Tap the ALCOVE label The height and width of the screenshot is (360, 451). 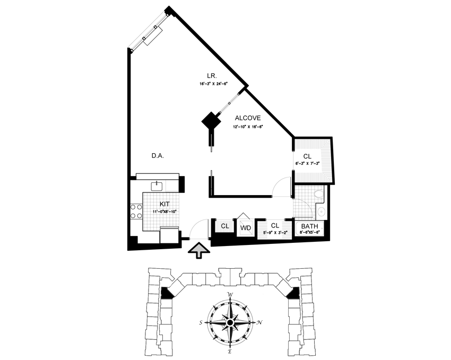pyautogui.click(x=247, y=118)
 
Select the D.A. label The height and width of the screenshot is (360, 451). pyautogui.click(x=157, y=156)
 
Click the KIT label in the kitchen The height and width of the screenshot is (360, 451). pyautogui.click(x=165, y=203)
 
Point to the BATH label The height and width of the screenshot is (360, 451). pyautogui.click(x=310, y=226)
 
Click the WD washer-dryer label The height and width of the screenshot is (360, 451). pyautogui.click(x=245, y=228)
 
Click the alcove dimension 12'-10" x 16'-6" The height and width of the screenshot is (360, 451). pyautogui.click(x=248, y=127)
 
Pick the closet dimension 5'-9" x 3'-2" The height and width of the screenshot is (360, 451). pyautogui.click(x=274, y=232)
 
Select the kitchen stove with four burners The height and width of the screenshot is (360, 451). pyautogui.click(x=134, y=214)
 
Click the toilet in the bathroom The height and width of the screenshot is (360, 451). pyautogui.click(x=318, y=196)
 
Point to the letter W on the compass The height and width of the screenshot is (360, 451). pyautogui.click(x=230, y=294)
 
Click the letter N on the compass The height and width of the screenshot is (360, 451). pyautogui.click(x=258, y=322)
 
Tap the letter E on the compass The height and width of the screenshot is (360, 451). pyautogui.click(x=230, y=351)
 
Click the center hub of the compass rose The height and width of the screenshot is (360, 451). pyautogui.click(x=230, y=322)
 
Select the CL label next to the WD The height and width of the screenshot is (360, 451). pyautogui.click(x=225, y=226)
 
